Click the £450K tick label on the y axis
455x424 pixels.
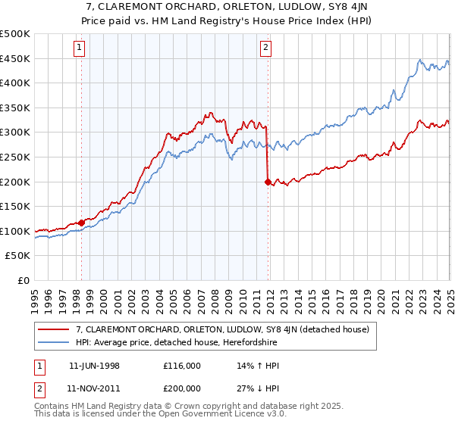click(15, 59)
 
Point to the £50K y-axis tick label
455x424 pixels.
click(17, 256)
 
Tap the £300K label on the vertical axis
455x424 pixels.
click(15, 132)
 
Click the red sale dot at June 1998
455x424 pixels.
click(82, 223)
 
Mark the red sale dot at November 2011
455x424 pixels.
click(268, 182)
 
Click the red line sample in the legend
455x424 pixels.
click(53, 329)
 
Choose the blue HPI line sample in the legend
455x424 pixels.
click(53, 342)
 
